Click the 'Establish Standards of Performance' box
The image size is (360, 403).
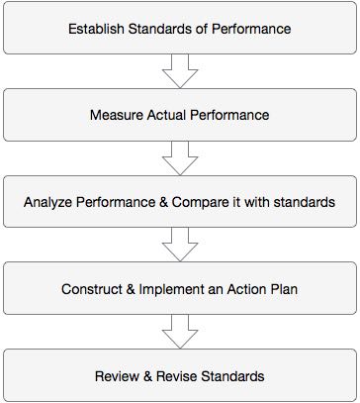point(179,28)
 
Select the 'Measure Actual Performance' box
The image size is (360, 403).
point(179,115)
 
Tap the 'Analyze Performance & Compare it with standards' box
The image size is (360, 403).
point(179,202)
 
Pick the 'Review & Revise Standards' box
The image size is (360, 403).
point(179,376)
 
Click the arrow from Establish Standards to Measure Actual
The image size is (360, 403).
point(179,71)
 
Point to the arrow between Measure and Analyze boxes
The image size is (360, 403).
point(179,158)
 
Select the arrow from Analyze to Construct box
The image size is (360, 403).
point(179,246)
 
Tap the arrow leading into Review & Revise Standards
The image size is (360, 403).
point(179,333)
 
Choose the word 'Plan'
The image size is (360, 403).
point(281,290)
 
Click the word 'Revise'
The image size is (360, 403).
point(177,377)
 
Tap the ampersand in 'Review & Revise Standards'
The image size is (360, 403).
point(147,377)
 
